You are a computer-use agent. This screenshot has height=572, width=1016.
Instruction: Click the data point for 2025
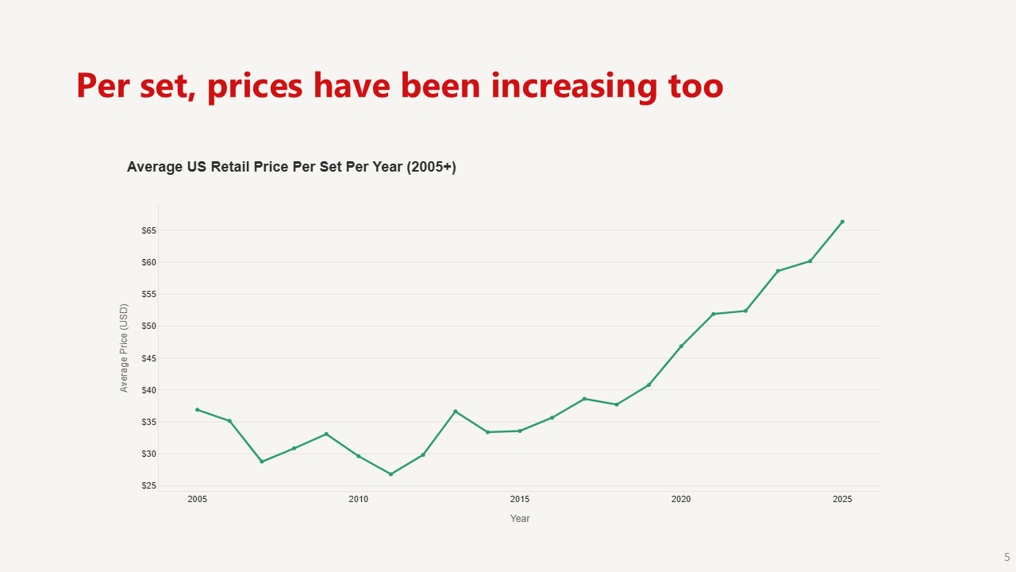tap(842, 222)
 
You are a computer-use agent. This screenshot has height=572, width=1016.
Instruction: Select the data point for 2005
tap(197, 410)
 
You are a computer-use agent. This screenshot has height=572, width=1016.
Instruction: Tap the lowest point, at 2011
tap(391, 474)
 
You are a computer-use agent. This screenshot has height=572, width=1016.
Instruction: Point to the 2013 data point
tap(455, 412)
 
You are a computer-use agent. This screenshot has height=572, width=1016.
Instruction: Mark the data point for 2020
tap(681, 346)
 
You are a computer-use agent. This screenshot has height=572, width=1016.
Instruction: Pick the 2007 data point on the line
tap(262, 462)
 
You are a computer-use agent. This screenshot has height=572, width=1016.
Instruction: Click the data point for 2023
tap(778, 271)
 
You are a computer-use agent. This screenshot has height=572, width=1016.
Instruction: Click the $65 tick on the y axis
tap(149, 230)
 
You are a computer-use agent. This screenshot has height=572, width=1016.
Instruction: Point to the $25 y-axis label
tap(149, 486)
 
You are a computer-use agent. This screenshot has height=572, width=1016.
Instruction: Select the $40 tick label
tap(149, 390)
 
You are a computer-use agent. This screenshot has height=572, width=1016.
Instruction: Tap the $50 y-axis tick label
tap(149, 327)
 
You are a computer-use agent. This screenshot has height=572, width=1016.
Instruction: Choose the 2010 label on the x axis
tap(358, 499)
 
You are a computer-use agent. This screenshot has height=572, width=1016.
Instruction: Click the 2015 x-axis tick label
tap(520, 499)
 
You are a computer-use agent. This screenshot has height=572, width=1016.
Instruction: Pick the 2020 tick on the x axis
tap(681, 499)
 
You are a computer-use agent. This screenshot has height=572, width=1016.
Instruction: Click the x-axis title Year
tap(520, 519)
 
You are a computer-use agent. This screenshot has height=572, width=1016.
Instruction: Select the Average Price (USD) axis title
tap(124, 348)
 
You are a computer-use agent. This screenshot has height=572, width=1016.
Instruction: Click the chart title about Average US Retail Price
tap(291, 168)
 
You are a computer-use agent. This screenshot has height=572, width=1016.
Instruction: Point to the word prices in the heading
tap(255, 85)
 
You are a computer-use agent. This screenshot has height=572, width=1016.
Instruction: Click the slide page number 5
tap(1007, 557)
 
